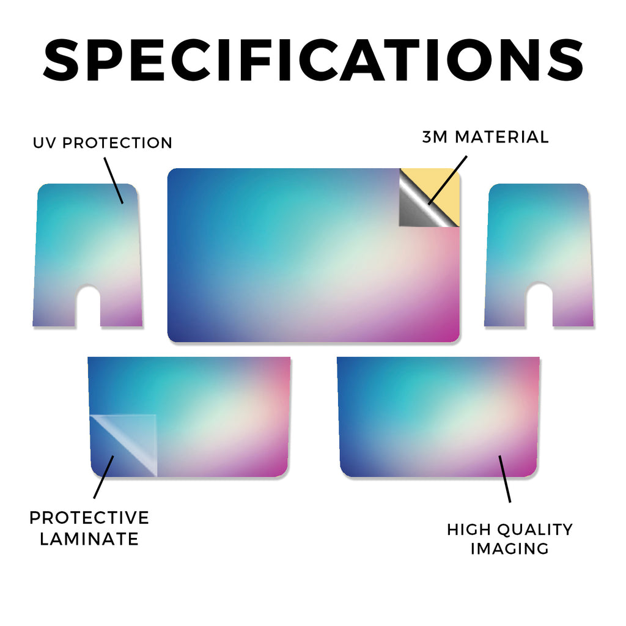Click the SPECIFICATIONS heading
click(313, 60)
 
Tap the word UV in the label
click(45, 143)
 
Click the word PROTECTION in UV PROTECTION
click(117, 143)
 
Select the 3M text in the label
click(435, 137)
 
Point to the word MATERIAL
click(502, 137)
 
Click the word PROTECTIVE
click(89, 518)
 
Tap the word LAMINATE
click(89, 539)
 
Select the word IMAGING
click(510, 548)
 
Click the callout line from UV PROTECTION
click(114, 180)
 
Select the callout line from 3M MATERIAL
click(447, 180)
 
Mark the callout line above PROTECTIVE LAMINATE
click(104, 477)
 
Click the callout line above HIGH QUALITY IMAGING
click(504, 479)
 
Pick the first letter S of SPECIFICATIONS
click(62, 60)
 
